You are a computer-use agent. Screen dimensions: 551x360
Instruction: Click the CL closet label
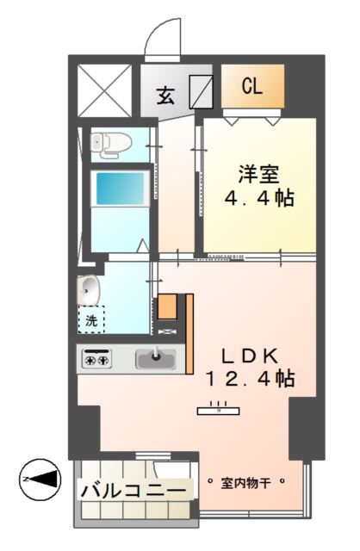point(251,86)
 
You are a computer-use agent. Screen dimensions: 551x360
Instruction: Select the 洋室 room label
point(258,174)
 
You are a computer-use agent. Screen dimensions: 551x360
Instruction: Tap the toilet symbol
point(106,145)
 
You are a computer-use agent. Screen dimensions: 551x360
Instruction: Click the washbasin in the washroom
point(87,289)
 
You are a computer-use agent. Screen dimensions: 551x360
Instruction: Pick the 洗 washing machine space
point(91,319)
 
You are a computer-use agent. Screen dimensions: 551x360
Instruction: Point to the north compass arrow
point(40,477)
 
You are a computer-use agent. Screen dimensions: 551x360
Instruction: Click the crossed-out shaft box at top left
point(103,89)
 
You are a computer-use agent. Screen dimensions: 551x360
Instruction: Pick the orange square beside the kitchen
point(167,307)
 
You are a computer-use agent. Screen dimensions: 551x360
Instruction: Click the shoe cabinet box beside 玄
point(201,90)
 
